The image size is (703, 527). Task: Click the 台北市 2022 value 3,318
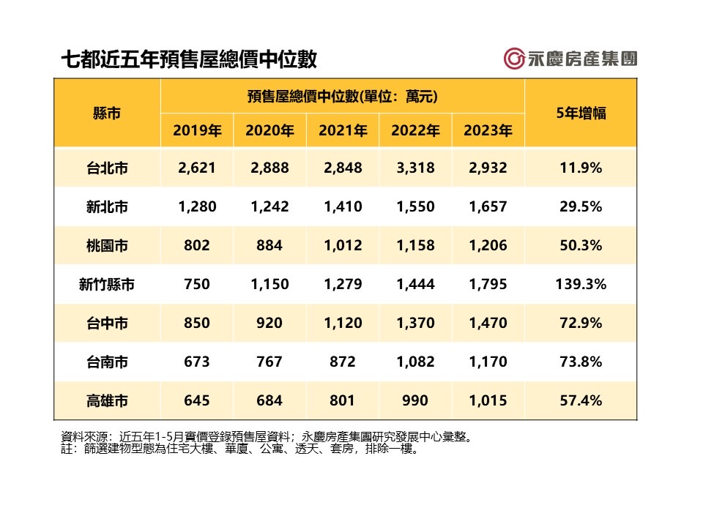pos(415,168)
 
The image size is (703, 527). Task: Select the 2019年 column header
pos(197,131)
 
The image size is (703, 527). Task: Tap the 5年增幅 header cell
pos(581,113)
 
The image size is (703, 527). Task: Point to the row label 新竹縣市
pos(107,284)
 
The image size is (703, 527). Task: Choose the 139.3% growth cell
pos(581,284)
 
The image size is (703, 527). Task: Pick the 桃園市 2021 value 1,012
pos(343,245)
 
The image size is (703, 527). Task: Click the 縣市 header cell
pos(107,113)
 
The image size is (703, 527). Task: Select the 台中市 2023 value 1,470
pos(488,323)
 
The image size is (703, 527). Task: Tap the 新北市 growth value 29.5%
pos(581,206)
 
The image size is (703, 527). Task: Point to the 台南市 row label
pos(107,362)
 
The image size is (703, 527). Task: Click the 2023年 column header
pos(488,131)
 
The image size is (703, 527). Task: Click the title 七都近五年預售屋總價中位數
pos(189,59)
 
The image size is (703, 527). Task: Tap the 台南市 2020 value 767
pos(270,362)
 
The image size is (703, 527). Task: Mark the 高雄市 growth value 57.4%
pos(581,400)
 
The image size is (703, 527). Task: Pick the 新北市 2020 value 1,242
pos(270,206)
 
